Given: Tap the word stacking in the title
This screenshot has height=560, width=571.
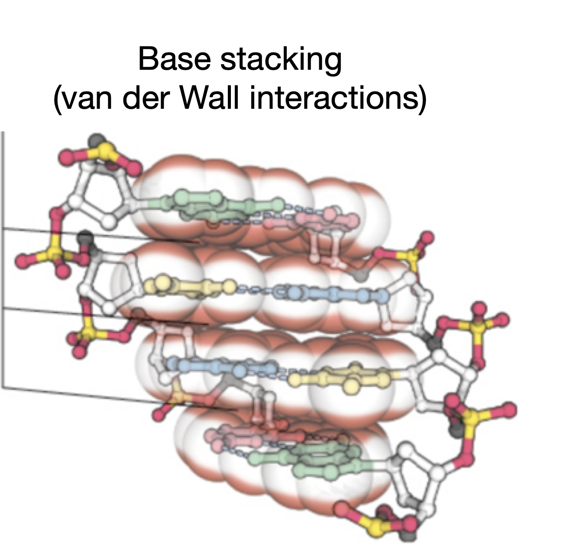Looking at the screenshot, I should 281,60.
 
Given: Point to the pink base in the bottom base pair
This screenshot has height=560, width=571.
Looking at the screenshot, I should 243,436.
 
